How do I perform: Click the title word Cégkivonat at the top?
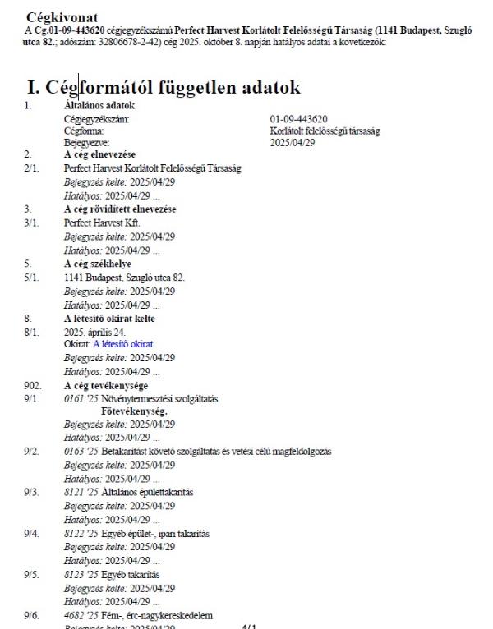pos(62,16)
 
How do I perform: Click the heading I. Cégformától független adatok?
pos(164,87)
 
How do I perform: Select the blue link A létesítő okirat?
pos(122,343)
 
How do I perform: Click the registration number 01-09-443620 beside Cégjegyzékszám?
pos(299,119)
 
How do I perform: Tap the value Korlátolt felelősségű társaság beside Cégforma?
pos(325,131)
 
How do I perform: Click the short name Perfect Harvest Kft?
pos(102,223)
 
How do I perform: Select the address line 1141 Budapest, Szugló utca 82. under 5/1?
pos(124,277)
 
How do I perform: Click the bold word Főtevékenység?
pos(134,410)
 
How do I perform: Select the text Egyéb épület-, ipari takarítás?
pos(155,534)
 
